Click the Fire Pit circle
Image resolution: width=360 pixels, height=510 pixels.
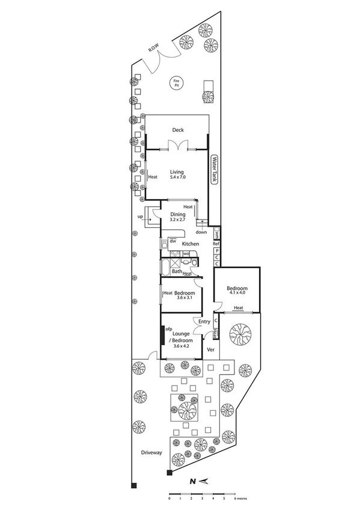coord(177,83)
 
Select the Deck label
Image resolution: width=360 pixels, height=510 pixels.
coord(177,131)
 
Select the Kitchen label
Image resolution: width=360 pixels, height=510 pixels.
coord(191,244)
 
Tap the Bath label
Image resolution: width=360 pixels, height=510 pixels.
coord(177,271)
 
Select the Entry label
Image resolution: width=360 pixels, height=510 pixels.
coord(204,322)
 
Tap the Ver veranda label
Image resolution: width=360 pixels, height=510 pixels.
coord(210,349)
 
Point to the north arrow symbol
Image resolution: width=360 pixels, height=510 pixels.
coord(200,481)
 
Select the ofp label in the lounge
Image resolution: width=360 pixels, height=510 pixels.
coord(169,329)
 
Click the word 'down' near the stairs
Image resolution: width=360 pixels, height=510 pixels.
coord(202,232)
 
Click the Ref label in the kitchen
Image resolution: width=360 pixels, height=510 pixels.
coord(216,244)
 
